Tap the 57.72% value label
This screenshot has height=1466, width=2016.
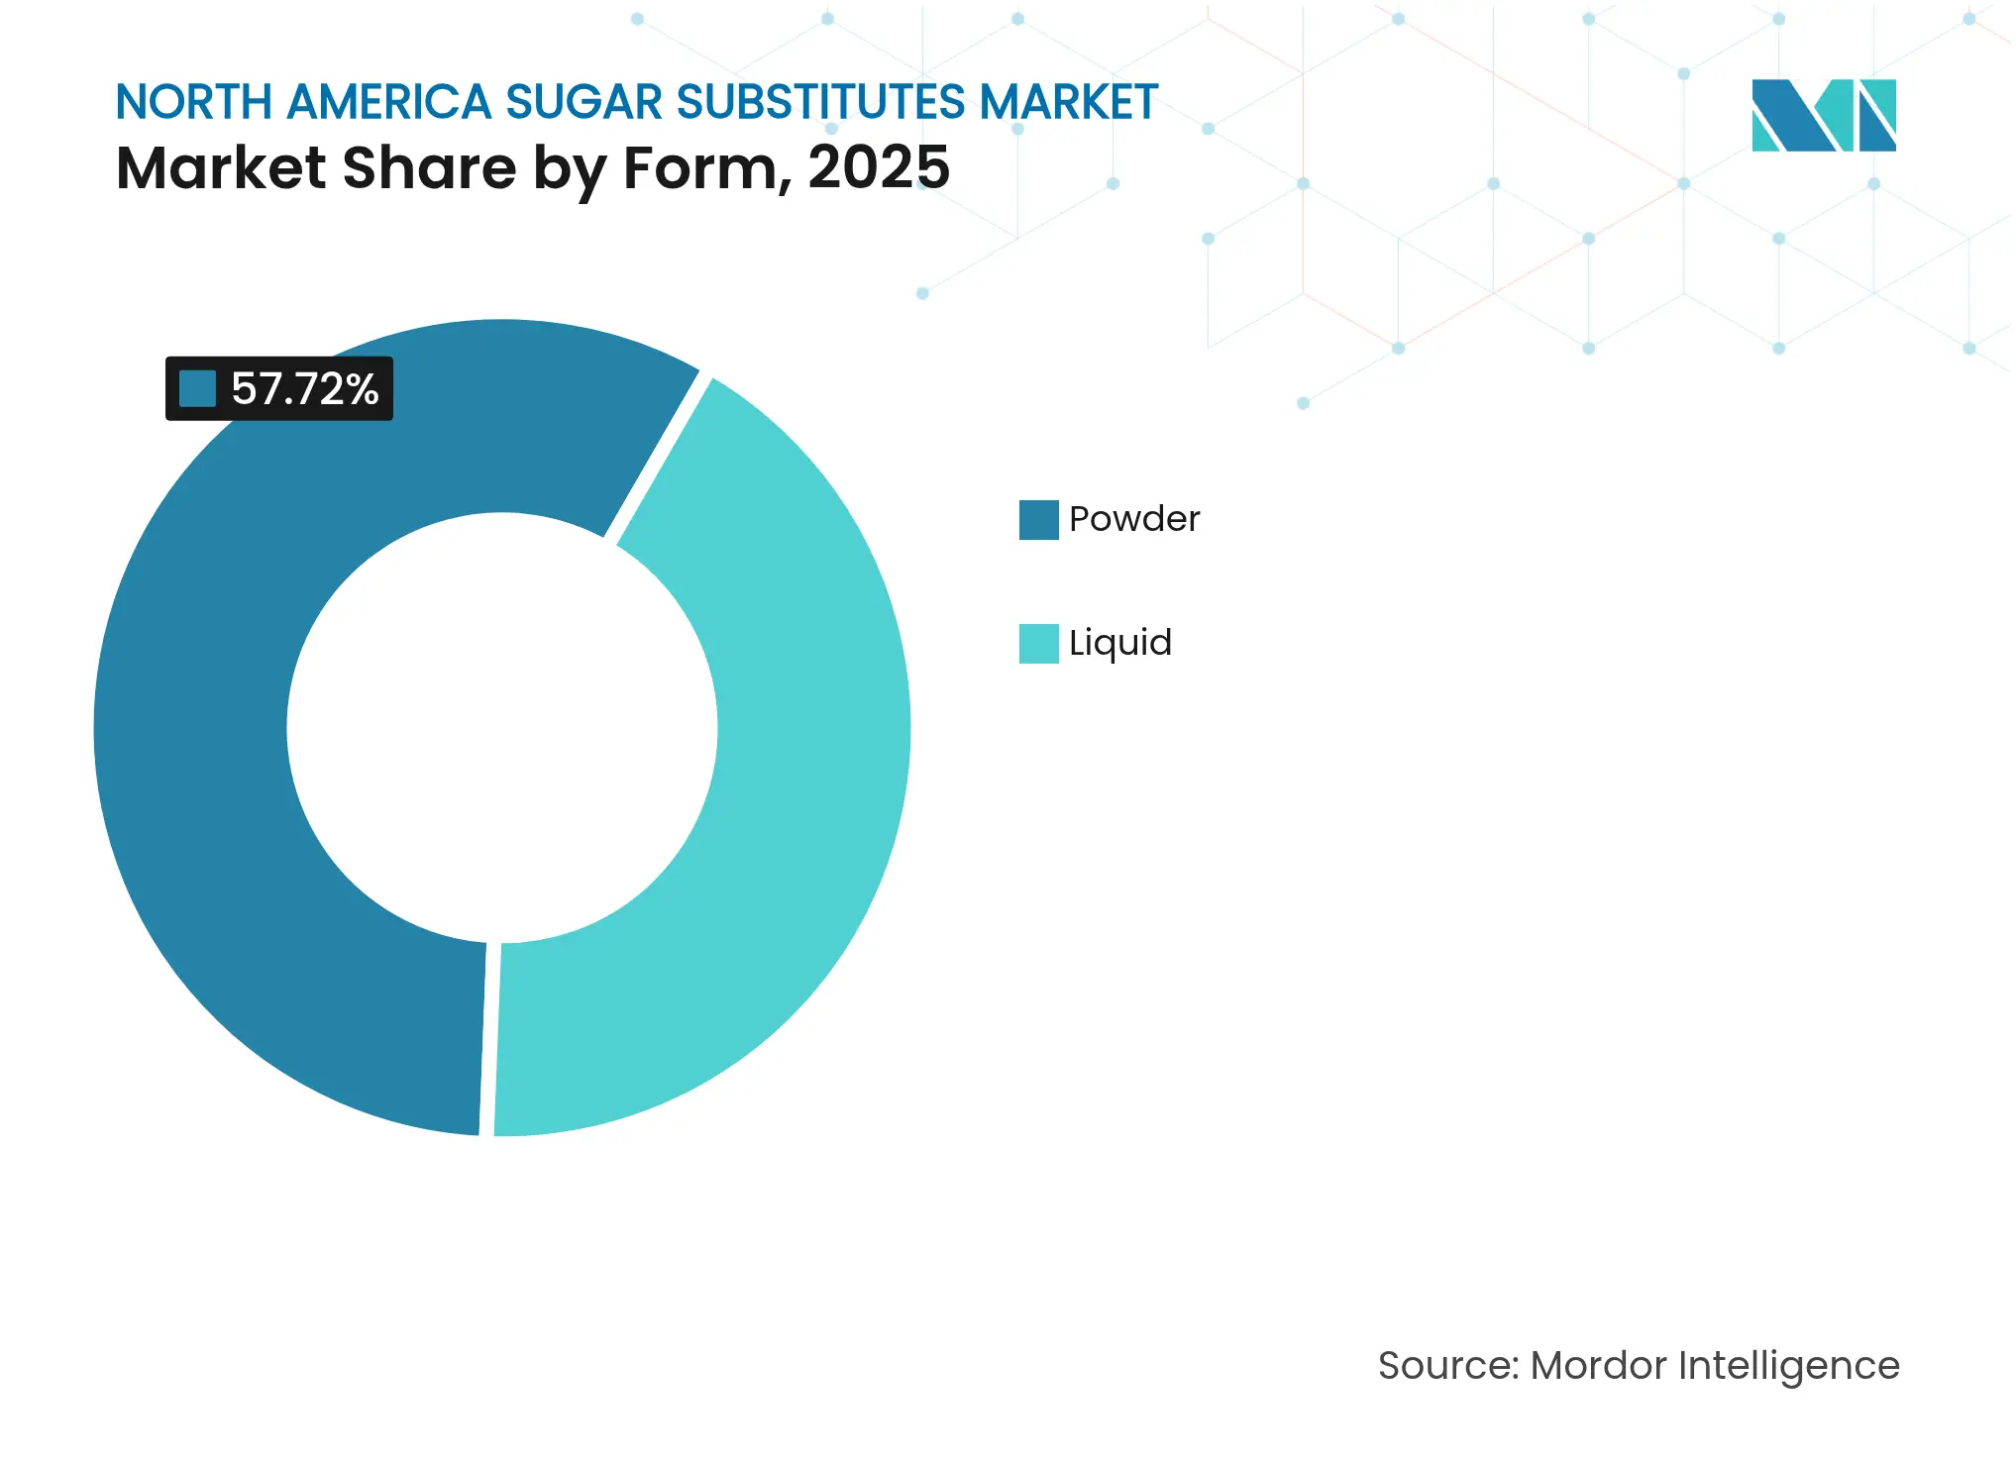(x=304, y=388)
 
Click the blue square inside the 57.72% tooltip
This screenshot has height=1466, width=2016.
(x=197, y=388)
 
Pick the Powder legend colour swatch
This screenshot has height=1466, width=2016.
(x=1038, y=519)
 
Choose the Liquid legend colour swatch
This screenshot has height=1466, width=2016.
(x=1038, y=643)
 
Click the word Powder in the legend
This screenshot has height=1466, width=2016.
(x=1134, y=519)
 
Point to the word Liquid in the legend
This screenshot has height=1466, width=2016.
(x=1120, y=643)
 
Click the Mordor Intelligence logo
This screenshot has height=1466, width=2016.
(x=1823, y=115)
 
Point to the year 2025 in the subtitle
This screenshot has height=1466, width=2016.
(x=879, y=167)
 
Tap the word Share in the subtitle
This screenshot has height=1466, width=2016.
(x=429, y=167)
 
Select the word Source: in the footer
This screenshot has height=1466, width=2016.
(x=1447, y=1365)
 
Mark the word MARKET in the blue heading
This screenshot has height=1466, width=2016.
(x=1069, y=102)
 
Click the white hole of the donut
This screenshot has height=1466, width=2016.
(x=501, y=728)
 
